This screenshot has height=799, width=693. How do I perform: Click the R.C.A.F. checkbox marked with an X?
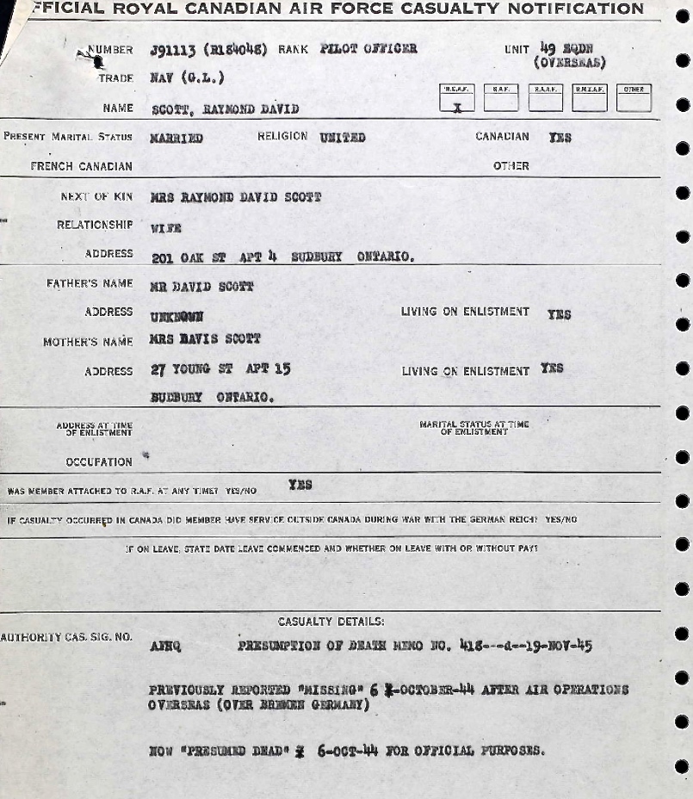click(457, 101)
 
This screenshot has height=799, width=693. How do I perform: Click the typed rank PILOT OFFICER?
click(368, 49)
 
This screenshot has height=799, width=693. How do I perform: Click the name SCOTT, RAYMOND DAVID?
click(225, 109)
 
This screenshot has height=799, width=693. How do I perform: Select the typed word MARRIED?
click(176, 138)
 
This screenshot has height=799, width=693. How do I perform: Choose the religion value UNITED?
click(343, 137)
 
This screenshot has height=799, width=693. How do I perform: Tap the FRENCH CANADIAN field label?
click(82, 166)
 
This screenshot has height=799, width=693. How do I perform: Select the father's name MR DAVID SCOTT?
click(201, 286)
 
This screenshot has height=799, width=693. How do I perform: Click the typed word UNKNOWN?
click(177, 316)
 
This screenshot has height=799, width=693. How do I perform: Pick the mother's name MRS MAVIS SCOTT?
click(205, 339)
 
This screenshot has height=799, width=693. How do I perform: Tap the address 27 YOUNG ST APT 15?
click(220, 370)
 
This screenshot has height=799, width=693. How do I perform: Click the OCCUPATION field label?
click(99, 462)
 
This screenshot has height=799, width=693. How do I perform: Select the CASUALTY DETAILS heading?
click(331, 622)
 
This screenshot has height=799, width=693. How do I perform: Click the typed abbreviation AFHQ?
click(164, 645)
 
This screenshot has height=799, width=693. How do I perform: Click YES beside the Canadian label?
click(560, 137)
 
